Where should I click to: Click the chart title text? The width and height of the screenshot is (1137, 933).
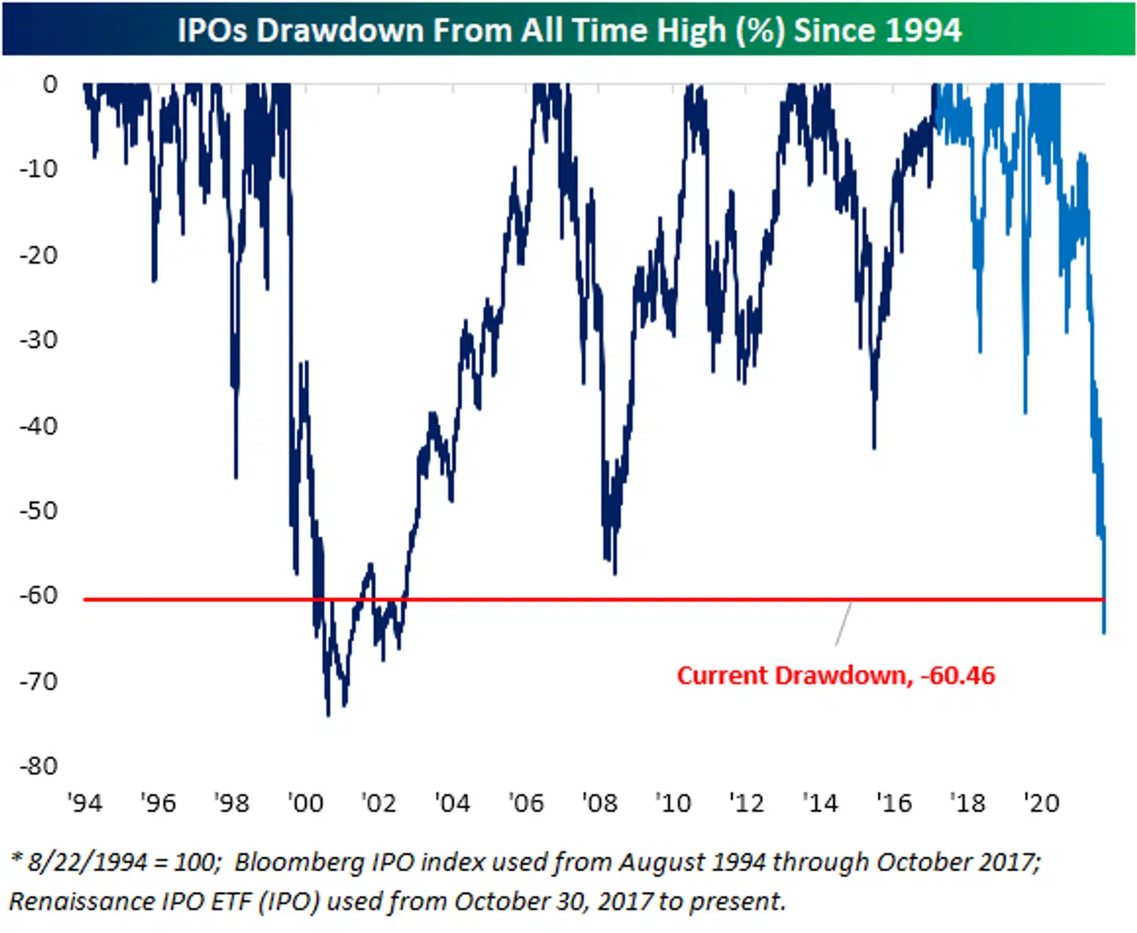point(568,30)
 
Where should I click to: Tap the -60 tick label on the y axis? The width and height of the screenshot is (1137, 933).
point(39,595)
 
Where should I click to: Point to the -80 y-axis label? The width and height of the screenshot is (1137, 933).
point(39,766)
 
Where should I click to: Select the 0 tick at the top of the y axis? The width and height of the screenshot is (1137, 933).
point(50,84)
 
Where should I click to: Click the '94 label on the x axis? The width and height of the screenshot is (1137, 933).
point(84,803)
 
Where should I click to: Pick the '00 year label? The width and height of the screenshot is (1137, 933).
point(306,803)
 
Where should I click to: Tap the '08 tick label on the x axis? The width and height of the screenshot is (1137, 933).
point(599,803)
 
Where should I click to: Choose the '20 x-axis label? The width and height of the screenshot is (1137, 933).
point(1041,803)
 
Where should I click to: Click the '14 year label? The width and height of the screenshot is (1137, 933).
point(820,803)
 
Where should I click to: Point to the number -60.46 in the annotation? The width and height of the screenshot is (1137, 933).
point(958,675)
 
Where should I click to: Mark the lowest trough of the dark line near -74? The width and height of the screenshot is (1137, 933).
point(328,715)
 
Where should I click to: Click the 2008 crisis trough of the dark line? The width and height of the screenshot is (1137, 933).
point(614,573)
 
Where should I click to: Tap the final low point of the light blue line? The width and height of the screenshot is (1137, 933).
point(1104,632)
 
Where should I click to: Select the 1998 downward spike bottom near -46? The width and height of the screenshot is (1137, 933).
point(236,477)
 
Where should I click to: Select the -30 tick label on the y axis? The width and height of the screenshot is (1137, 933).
point(39,340)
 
